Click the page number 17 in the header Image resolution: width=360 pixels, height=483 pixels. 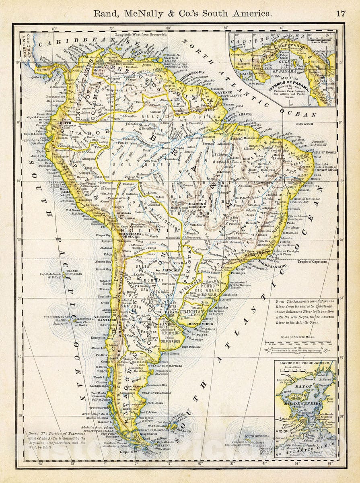341,13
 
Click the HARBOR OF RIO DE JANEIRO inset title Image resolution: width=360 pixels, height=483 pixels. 305,363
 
